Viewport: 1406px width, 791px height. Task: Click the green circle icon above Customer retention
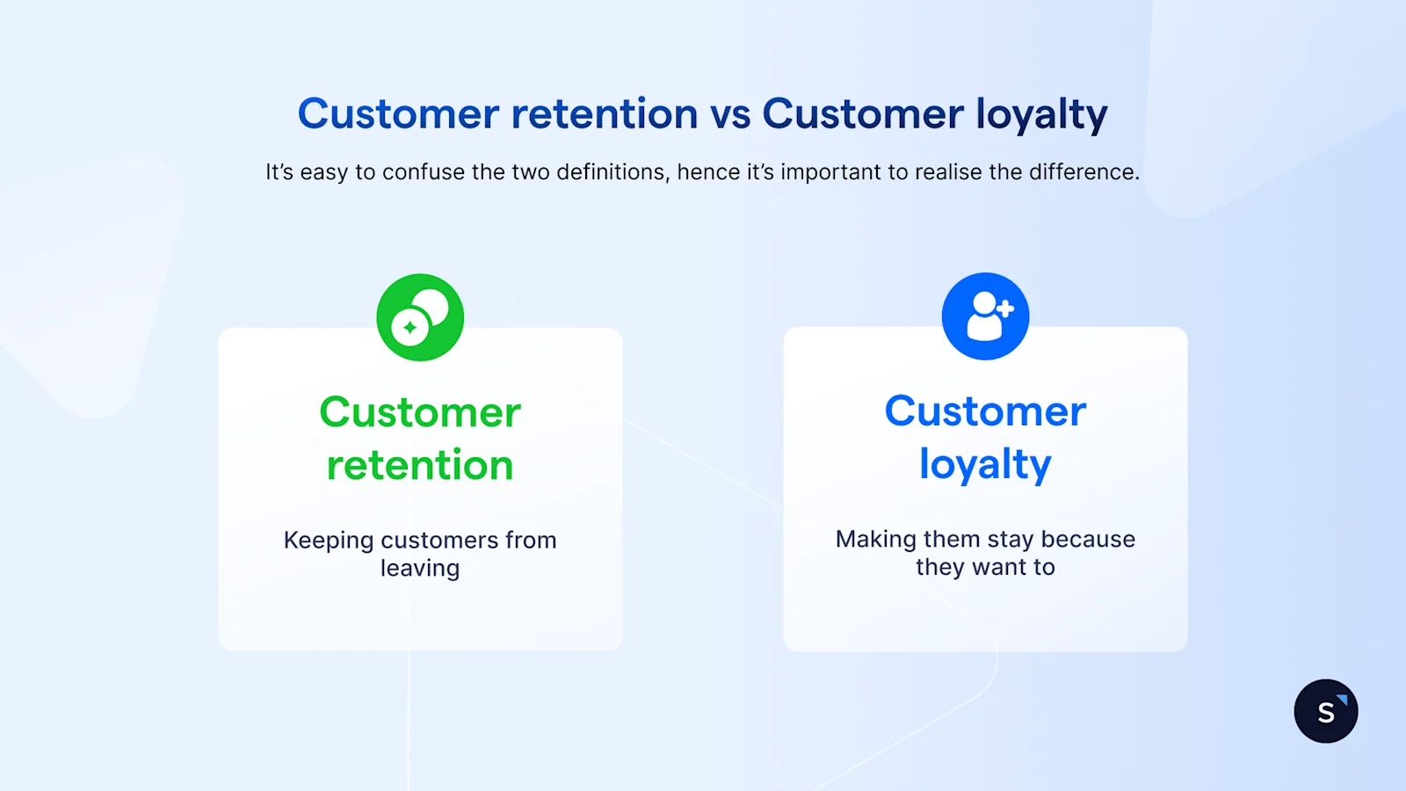point(420,317)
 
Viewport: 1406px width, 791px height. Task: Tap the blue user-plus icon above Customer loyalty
point(985,316)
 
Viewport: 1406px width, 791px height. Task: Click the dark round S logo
point(1325,711)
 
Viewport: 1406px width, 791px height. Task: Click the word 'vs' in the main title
point(729,114)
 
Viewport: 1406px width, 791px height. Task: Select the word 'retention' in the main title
point(605,114)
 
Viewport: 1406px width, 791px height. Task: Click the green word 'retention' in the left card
point(420,465)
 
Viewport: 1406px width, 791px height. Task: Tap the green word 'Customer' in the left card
point(420,412)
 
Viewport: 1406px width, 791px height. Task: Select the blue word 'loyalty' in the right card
point(985,465)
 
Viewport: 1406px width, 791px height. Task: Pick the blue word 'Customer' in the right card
point(985,411)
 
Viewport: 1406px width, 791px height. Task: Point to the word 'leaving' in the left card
point(420,569)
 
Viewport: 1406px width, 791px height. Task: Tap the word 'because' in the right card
point(1088,539)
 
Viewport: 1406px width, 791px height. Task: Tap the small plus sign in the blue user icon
point(1005,308)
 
